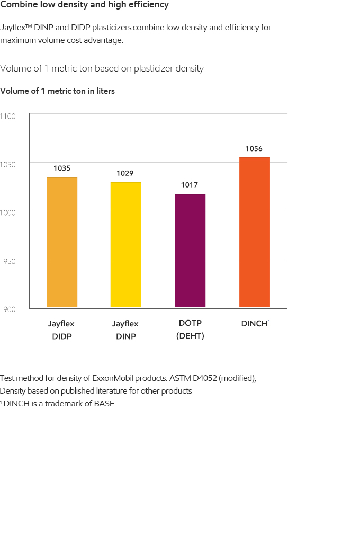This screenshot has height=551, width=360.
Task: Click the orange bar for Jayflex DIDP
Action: coord(62,242)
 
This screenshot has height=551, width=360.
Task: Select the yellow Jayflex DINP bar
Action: coord(125,245)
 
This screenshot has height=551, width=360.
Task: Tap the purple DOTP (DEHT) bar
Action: coord(190,251)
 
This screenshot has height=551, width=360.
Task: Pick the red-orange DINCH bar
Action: coord(254,233)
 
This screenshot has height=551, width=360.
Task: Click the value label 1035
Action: coord(62,168)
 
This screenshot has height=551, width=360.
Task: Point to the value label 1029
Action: coord(125,173)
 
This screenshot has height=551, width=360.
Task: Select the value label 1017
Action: coord(190,185)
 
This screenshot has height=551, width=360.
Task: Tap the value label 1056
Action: coord(254,149)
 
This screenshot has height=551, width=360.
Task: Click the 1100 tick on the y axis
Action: coord(8,116)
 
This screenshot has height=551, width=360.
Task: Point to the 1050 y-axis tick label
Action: coord(8,164)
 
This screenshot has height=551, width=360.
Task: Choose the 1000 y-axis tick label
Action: coord(8,212)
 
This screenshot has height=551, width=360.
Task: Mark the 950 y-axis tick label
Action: coord(8,261)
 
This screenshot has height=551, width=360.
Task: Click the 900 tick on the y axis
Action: coord(8,309)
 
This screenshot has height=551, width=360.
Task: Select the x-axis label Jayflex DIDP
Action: coord(61,330)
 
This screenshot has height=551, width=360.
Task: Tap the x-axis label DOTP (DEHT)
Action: coord(190,330)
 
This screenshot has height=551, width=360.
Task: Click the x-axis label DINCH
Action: coord(255,323)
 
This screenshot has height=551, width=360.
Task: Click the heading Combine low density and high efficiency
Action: coord(85,5)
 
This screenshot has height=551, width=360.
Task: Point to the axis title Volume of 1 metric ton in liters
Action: coord(58,91)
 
